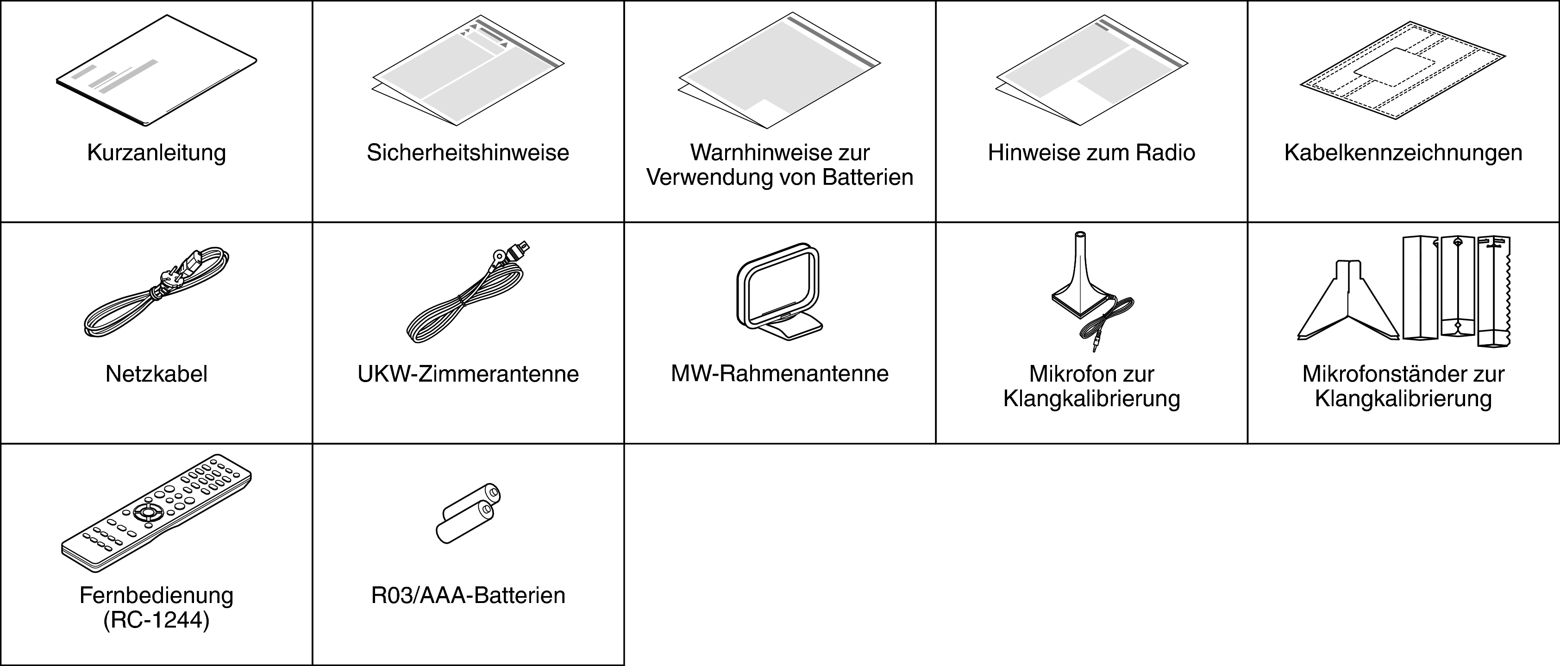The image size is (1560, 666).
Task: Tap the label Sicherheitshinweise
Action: click(468, 152)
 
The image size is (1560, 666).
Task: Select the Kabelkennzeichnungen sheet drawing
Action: click(1403, 70)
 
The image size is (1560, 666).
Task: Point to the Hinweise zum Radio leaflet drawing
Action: click(1092, 70)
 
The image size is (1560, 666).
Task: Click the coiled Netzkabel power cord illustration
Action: click(156, 292)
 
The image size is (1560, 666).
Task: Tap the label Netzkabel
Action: click(156, 374)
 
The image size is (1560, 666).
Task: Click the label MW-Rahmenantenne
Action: click(779, 374)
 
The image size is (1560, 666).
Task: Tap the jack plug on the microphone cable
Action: click(1095, 345)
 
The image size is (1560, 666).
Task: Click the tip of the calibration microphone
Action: click(1080, 233)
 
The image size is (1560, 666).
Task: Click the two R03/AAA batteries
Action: click(468, 514)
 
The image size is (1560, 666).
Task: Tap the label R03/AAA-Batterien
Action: click(468, 596)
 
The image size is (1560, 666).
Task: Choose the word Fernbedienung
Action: click(156, 596)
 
